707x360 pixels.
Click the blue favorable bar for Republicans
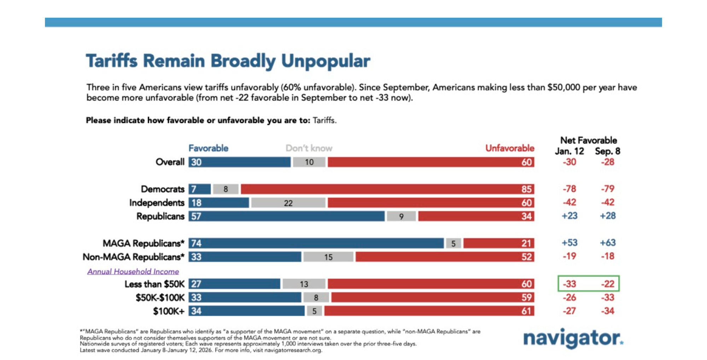(286, 216)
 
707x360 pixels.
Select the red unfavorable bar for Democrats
(387, 189)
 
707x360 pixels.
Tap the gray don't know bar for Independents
(288, 203)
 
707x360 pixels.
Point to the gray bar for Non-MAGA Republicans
(328, 257)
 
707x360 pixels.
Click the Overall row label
(170, 162)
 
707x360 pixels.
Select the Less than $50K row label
(154, 284)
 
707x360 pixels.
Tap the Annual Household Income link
(133, 272)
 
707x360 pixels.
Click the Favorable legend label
(208, 148)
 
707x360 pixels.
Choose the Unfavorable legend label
(509, 148)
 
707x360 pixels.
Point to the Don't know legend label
(309, 148)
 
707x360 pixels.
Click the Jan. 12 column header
(569, 151)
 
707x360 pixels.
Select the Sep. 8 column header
(607, 151)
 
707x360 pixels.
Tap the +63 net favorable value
(608, 243)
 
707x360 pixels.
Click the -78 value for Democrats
(569, 189)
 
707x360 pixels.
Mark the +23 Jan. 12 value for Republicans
(569, 216)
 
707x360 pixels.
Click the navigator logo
(573, 338)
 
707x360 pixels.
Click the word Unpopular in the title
(326, 61)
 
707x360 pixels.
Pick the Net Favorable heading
(589, 140)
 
